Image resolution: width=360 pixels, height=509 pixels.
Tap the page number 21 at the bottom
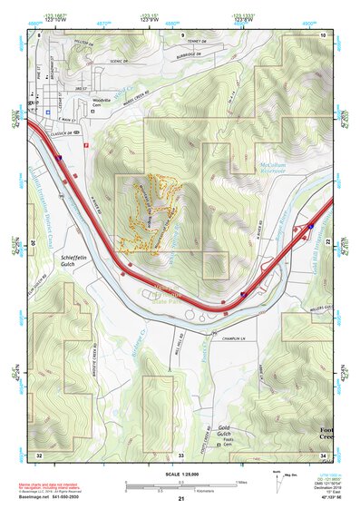[x=180, y=498]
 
